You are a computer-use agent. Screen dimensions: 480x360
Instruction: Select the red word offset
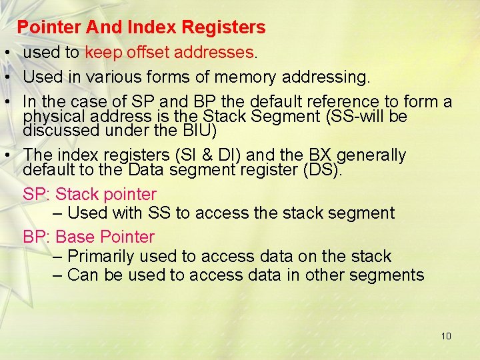[145, 52]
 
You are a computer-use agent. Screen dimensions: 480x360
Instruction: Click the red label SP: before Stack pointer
[37, 195]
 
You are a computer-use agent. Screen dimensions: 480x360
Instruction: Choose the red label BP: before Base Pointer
[37, 237]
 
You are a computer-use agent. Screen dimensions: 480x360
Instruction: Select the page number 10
[446, 336]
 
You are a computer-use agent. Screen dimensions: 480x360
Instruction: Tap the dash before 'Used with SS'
[57, 213]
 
